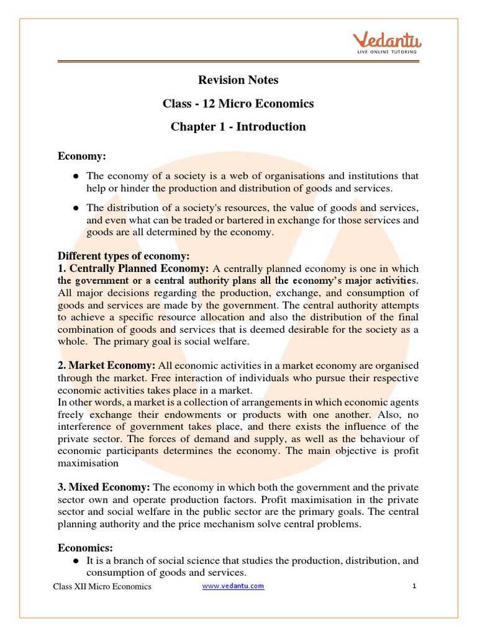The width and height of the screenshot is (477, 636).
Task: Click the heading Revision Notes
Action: pyautogui.click(x=238, y=79)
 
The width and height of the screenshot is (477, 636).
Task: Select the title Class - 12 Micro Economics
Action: pyautogui.click(x=238, y=103)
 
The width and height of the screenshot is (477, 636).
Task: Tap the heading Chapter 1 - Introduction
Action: pyautogui.click(x=238, y=127)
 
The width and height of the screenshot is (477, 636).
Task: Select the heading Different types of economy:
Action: pyautogui.click(x=124, y=256)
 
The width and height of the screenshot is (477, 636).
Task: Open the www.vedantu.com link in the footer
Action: pyautogui.click(x=234, y=586)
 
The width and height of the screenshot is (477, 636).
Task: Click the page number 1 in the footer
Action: pyautogui.click(x=413, y=586)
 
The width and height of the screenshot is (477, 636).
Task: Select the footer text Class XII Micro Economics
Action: pyautogui.click(x=102, y=586)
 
